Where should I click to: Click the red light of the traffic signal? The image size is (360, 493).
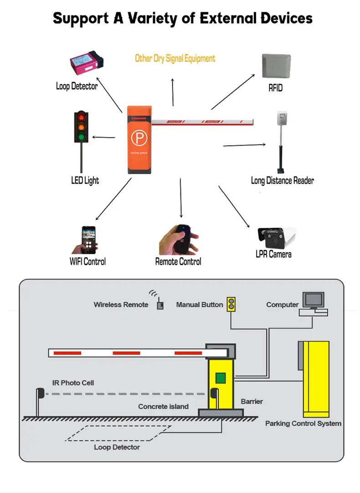(82, 117)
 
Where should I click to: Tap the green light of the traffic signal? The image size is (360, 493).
(82, 136)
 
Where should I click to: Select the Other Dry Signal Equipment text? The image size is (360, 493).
(175, 58)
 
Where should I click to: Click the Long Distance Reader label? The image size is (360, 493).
(282, 180)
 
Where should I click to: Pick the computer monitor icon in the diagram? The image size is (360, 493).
(314, 301)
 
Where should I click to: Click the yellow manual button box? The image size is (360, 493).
(232, 304)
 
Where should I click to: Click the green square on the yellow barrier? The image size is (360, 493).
(221, 378)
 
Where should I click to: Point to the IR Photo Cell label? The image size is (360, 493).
(73, 383)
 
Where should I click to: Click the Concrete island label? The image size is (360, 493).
(163, 406)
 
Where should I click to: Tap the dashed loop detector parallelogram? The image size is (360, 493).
(118, 433)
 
